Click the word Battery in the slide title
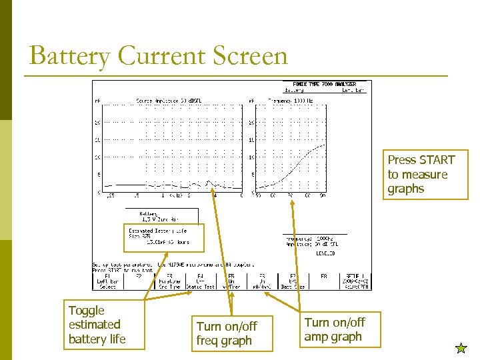pyautogui.click(x=69, y=57)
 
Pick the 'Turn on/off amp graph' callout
pyautogui.click(x=335, y=329)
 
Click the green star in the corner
pyautogui.click(x=461, y=347)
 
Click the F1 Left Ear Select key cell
pyautogui.click(x=107, y=281)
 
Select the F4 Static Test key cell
pyautogui.click(x=200, y=281)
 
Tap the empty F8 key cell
pyautogui.click(x=324, y=281)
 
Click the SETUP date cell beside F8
pyautogui.click(x=354, y=281)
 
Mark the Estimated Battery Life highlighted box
pyautogui.click(x=164, y=237)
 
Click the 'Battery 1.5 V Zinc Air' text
pyautogui.click(x=159, y=216)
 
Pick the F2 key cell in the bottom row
pyautogui.click(x=139, y=281)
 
